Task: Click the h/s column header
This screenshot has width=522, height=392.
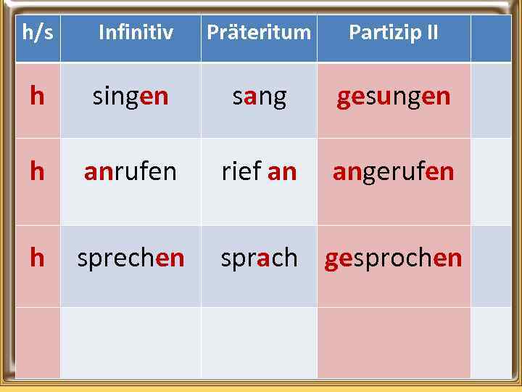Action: coord(38,33)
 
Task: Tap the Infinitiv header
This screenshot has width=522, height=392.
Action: coord(136,33)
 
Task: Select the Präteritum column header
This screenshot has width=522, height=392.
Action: coord(259,33)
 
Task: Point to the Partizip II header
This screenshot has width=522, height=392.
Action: coord(393,33)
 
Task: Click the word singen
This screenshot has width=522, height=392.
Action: coord(130,97)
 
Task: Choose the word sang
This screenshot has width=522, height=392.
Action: coord(259,97)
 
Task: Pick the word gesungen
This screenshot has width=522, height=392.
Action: coord(393,97)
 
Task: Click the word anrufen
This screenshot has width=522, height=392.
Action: coord(130,172)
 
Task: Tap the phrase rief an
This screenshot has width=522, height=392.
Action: coord(259,172)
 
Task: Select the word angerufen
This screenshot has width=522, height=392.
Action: coord(393,172)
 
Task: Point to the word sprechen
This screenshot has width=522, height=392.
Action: coord(130,258)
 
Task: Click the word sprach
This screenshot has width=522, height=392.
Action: coord(259,258)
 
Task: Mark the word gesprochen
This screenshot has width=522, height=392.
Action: coord(393,258)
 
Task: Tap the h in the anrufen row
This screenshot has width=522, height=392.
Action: coord(37,172)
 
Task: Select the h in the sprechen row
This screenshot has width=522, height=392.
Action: coord(37,258)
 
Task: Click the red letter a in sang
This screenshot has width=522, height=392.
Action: coord(251,97)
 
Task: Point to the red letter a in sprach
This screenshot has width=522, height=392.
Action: coord(264,258)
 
